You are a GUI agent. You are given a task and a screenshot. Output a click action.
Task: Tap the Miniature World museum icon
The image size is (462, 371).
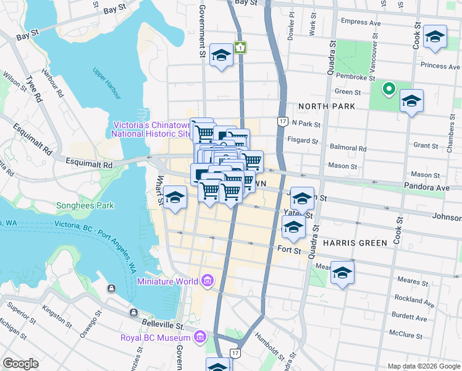[207, 281]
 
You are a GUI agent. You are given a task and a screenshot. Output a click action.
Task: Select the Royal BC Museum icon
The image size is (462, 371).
[199, 338]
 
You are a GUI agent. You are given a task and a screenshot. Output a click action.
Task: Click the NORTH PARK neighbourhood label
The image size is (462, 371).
[327, 106]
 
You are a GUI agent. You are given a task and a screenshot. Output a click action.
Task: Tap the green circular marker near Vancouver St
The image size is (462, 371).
[388, 89]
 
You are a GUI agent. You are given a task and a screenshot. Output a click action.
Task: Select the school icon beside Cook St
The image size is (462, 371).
[435, 37]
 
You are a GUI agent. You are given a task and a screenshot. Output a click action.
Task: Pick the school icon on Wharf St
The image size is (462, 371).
[175, 197]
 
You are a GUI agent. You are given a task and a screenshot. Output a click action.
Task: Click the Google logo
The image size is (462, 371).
[20, 364]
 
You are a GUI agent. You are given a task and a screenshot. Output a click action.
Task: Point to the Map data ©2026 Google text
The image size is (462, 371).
[424, 366]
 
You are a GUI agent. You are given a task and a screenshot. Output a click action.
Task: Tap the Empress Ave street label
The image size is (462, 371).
[362, 22]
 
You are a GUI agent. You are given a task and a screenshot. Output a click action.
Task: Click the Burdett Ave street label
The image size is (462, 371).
[413, 318]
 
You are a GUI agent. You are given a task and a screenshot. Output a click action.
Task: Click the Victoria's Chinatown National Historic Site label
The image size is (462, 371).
[151, 129]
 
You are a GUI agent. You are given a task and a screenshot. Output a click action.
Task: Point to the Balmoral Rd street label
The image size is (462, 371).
[349, 148]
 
